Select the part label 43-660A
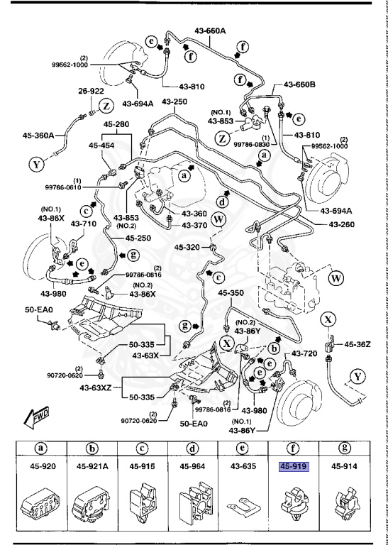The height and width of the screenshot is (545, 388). (x=209, y=31)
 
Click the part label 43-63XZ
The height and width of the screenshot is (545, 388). (x=96, y=387)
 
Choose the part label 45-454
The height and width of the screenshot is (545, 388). (x=102, y=145)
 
